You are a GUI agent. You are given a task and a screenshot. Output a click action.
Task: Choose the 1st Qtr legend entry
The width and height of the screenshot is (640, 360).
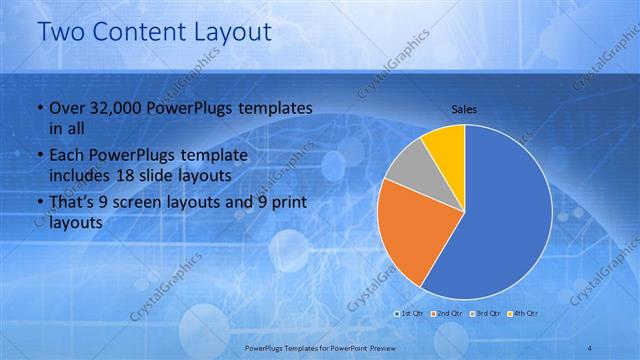coord(409,314)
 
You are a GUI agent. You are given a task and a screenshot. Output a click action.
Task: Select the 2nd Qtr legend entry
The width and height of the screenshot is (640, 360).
coord(446,314)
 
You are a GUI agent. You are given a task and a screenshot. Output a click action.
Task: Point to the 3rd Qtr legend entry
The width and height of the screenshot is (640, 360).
coord(485,314)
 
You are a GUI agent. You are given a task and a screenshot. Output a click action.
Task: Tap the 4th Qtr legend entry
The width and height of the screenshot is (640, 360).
coord(523,314)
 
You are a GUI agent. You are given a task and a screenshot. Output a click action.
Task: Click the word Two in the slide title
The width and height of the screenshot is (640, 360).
coord(61,31)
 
